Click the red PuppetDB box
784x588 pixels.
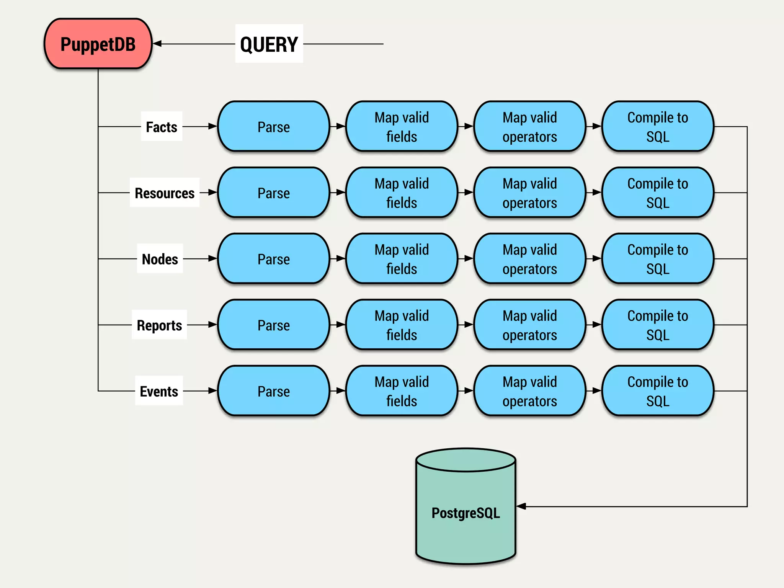98,44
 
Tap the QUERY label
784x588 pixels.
269,44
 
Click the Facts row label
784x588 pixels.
162,127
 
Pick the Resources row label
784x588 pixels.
165,193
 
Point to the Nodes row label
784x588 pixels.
160,259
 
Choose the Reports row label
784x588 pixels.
159,325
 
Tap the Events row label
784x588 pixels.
159,391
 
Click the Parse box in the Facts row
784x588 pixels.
273,127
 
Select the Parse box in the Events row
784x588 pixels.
273,391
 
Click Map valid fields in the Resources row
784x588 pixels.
402,193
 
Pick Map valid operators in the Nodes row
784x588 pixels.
529,259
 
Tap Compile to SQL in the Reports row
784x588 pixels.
658,325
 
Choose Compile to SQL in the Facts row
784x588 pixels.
658,127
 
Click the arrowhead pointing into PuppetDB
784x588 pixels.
157,44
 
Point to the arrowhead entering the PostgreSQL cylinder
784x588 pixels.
521,506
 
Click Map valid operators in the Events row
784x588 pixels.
529,391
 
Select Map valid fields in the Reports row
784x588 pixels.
402,325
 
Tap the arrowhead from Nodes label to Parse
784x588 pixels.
212,259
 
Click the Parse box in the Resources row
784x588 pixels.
273,193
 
